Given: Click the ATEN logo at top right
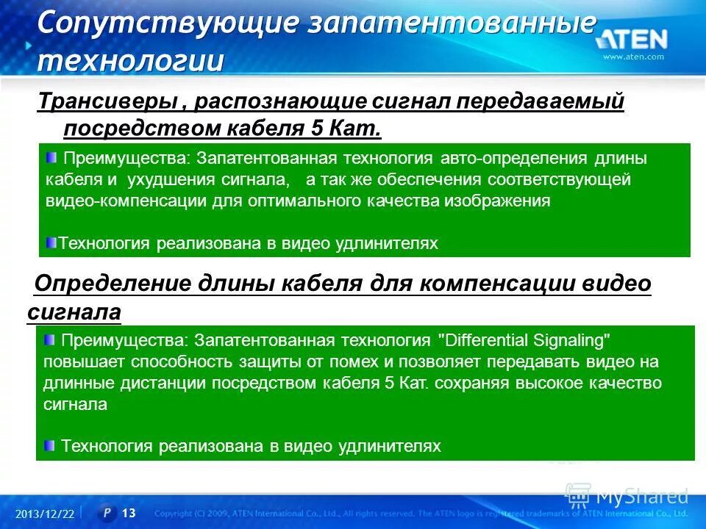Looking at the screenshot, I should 632,39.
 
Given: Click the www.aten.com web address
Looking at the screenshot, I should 633,57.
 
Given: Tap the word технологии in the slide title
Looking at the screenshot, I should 130,60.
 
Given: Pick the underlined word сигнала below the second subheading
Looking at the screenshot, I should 74,313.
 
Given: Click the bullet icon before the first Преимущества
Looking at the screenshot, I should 51,156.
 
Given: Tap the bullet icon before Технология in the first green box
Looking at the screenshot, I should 51,242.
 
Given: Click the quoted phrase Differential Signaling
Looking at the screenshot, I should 524,340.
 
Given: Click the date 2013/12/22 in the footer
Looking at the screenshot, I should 45,514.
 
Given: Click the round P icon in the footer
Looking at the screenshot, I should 107,512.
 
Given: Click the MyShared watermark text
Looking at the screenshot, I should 641,496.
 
